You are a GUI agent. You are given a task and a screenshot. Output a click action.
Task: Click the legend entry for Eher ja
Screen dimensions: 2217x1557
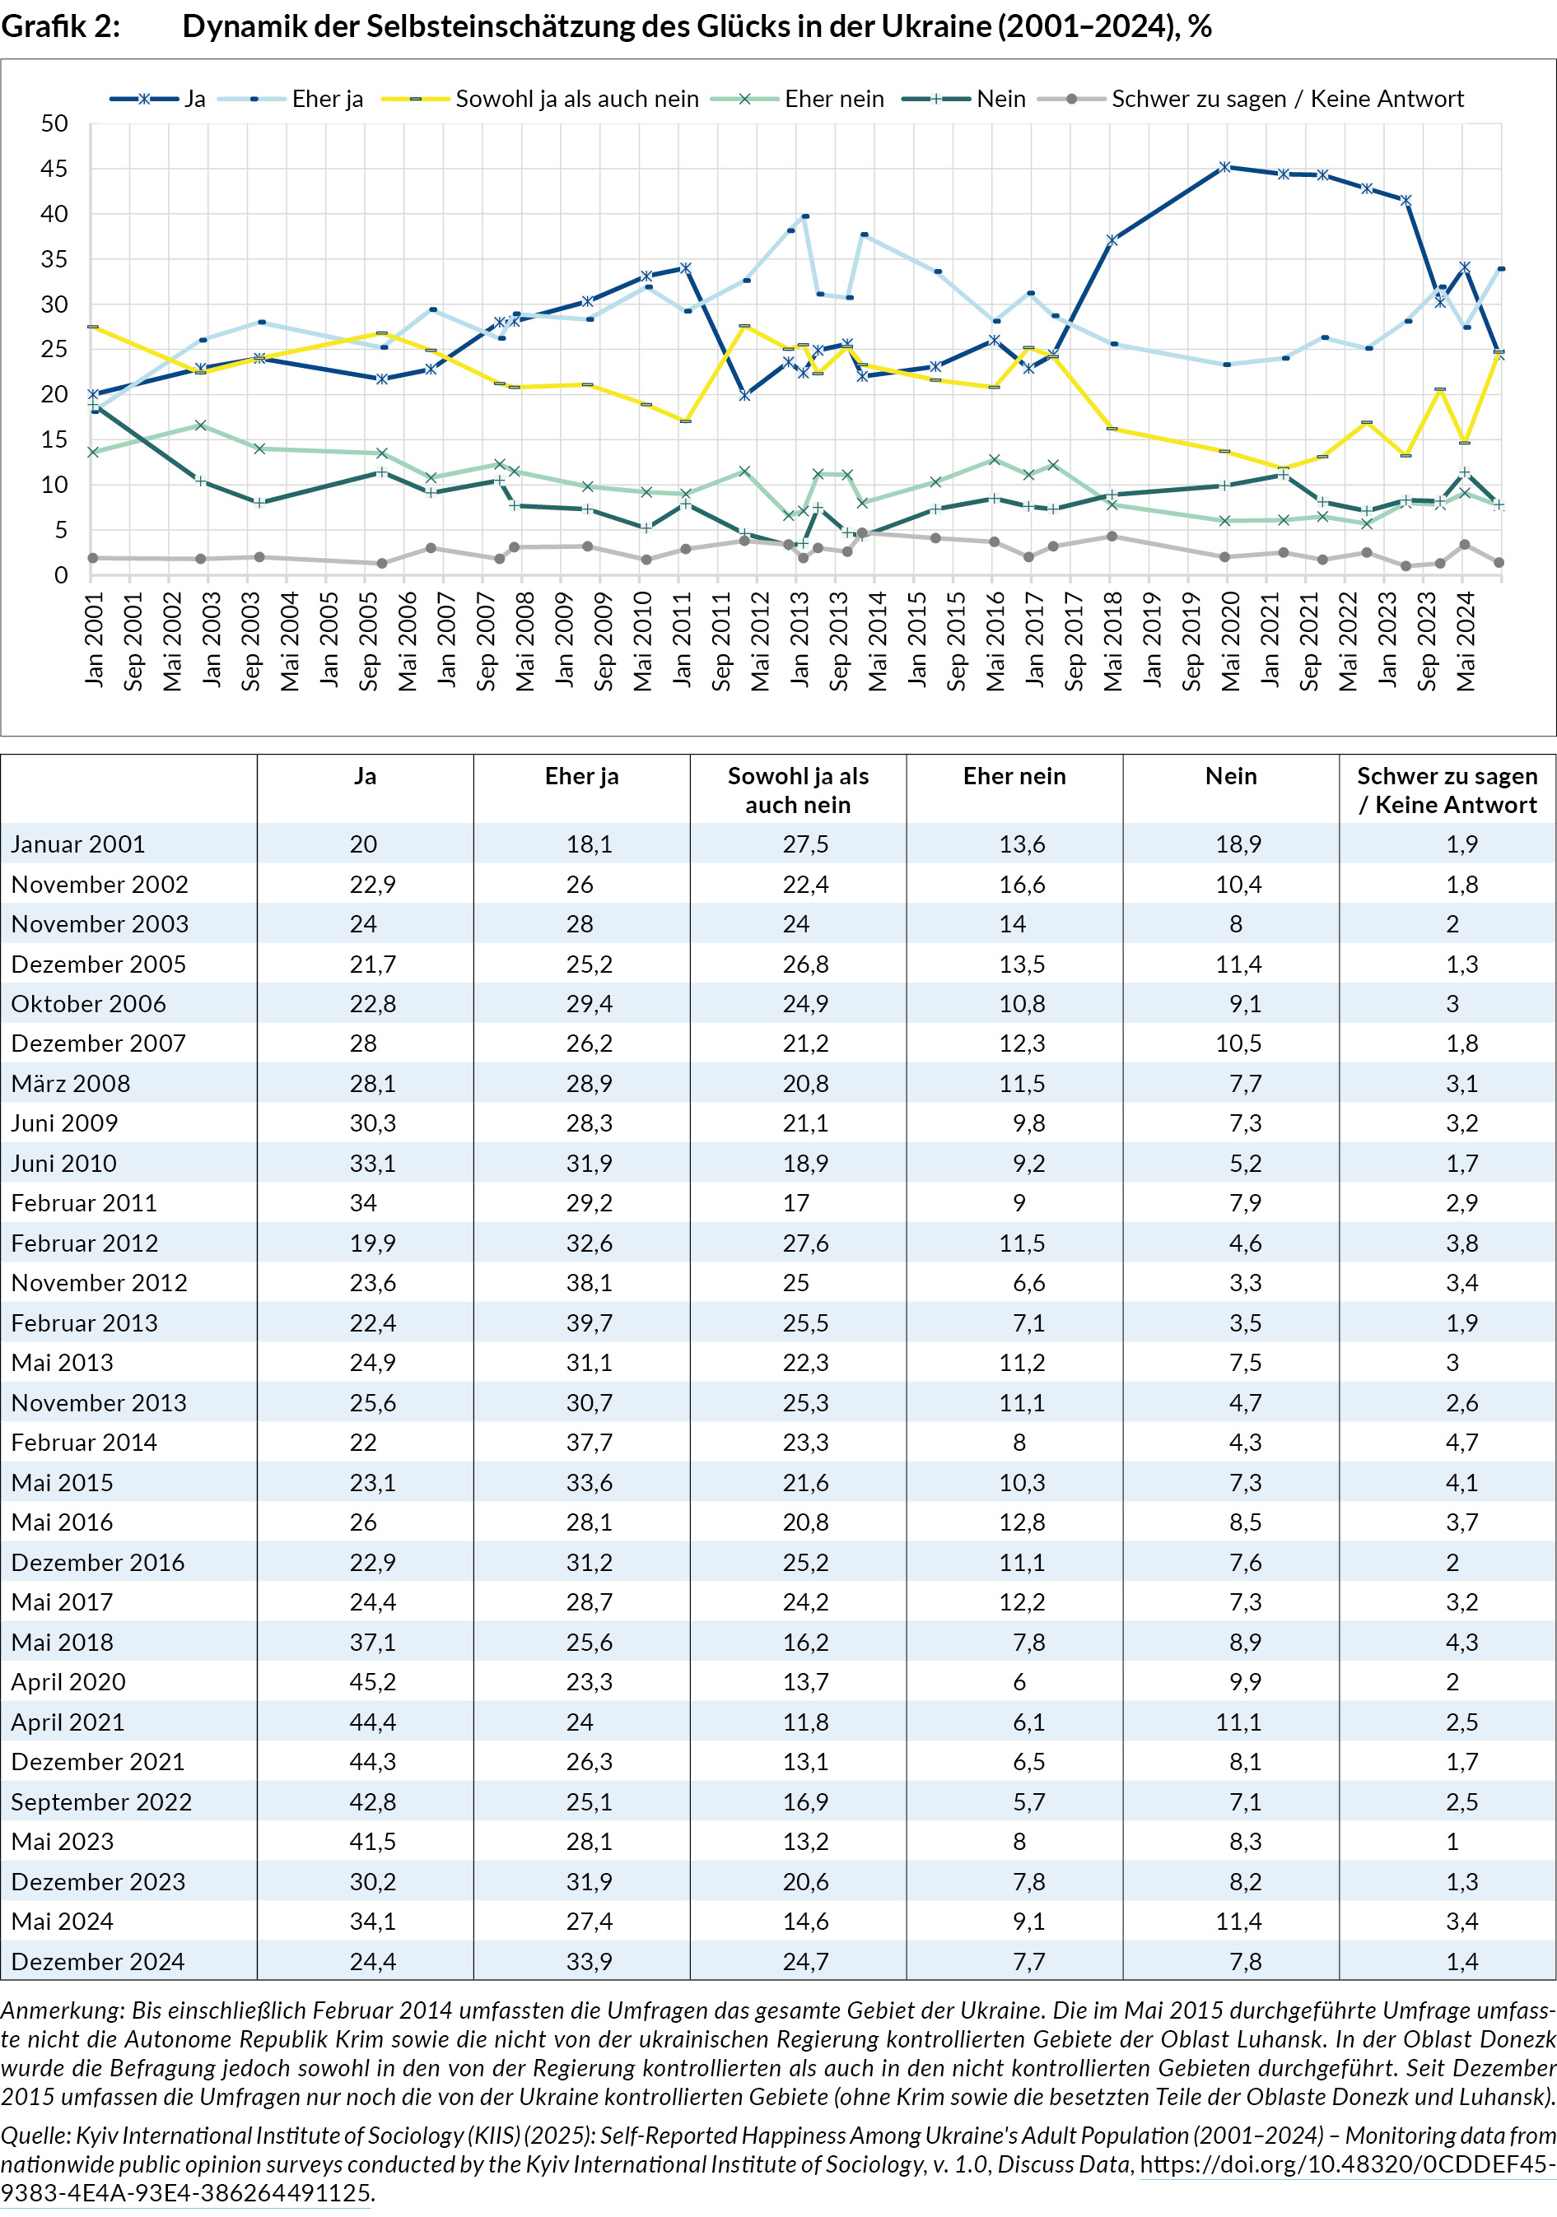click(326, 100)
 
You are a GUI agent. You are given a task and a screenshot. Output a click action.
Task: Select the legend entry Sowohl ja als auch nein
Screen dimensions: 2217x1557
click(576, 100)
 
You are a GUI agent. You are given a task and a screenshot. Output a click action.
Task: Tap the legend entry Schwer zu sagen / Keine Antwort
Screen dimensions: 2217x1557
click(1287, 100)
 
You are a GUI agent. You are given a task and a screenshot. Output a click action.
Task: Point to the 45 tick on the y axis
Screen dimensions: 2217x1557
click(54, 169)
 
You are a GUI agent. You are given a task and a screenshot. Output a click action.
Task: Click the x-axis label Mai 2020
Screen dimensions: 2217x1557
click(1229, 641)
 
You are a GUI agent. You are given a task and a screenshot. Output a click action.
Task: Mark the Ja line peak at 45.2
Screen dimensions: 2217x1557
click(1224, 167)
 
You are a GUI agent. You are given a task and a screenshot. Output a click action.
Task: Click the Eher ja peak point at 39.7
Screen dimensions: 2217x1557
click(805, 216)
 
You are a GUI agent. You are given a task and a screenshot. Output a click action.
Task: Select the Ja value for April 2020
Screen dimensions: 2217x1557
click(373, 1682)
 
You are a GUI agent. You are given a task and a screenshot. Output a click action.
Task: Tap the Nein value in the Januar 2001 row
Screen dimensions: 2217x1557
click(1238, 844)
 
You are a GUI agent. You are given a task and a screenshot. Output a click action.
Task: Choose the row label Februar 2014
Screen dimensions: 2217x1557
click(84, 1443)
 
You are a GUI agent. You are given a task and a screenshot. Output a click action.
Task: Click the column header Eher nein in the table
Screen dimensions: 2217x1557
click(1014, 776)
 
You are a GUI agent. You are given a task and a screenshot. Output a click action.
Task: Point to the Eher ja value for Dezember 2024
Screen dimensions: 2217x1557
click(590, 1961)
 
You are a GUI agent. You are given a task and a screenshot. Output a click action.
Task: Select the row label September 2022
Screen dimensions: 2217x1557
click(101, 1801)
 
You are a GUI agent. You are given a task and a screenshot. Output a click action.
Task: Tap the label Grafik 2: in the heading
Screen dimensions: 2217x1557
click(60, 26)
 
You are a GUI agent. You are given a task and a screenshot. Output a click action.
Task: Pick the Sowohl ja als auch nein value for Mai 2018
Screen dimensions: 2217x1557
click(805, 1643)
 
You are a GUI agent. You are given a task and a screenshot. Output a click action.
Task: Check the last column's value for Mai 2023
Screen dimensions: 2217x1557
click(1452, 1842)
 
